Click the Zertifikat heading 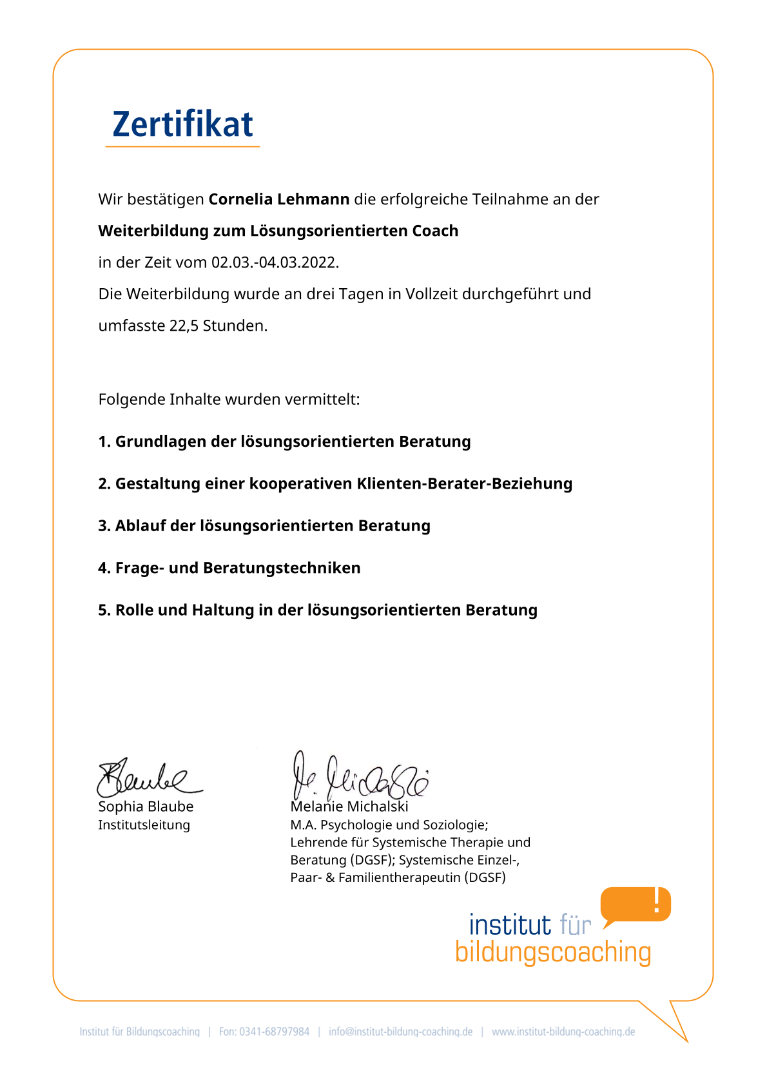click(x=182, y=124)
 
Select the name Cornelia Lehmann click(x=278, y=199)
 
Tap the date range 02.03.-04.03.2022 click(x=275, y=262)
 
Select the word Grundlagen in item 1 click(x=160, y=442)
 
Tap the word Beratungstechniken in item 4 click(x=282, y=568)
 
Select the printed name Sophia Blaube click(x=146, y=806)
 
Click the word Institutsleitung click(x=144, y=825)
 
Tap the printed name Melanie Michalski click(x=349, y=806)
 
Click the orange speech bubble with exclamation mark click(x=636, y=904)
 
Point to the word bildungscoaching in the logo click(x=553, y=952)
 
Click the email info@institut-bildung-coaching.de click(x=400, y=1031)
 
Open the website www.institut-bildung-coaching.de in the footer click(x=563, y=1031)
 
